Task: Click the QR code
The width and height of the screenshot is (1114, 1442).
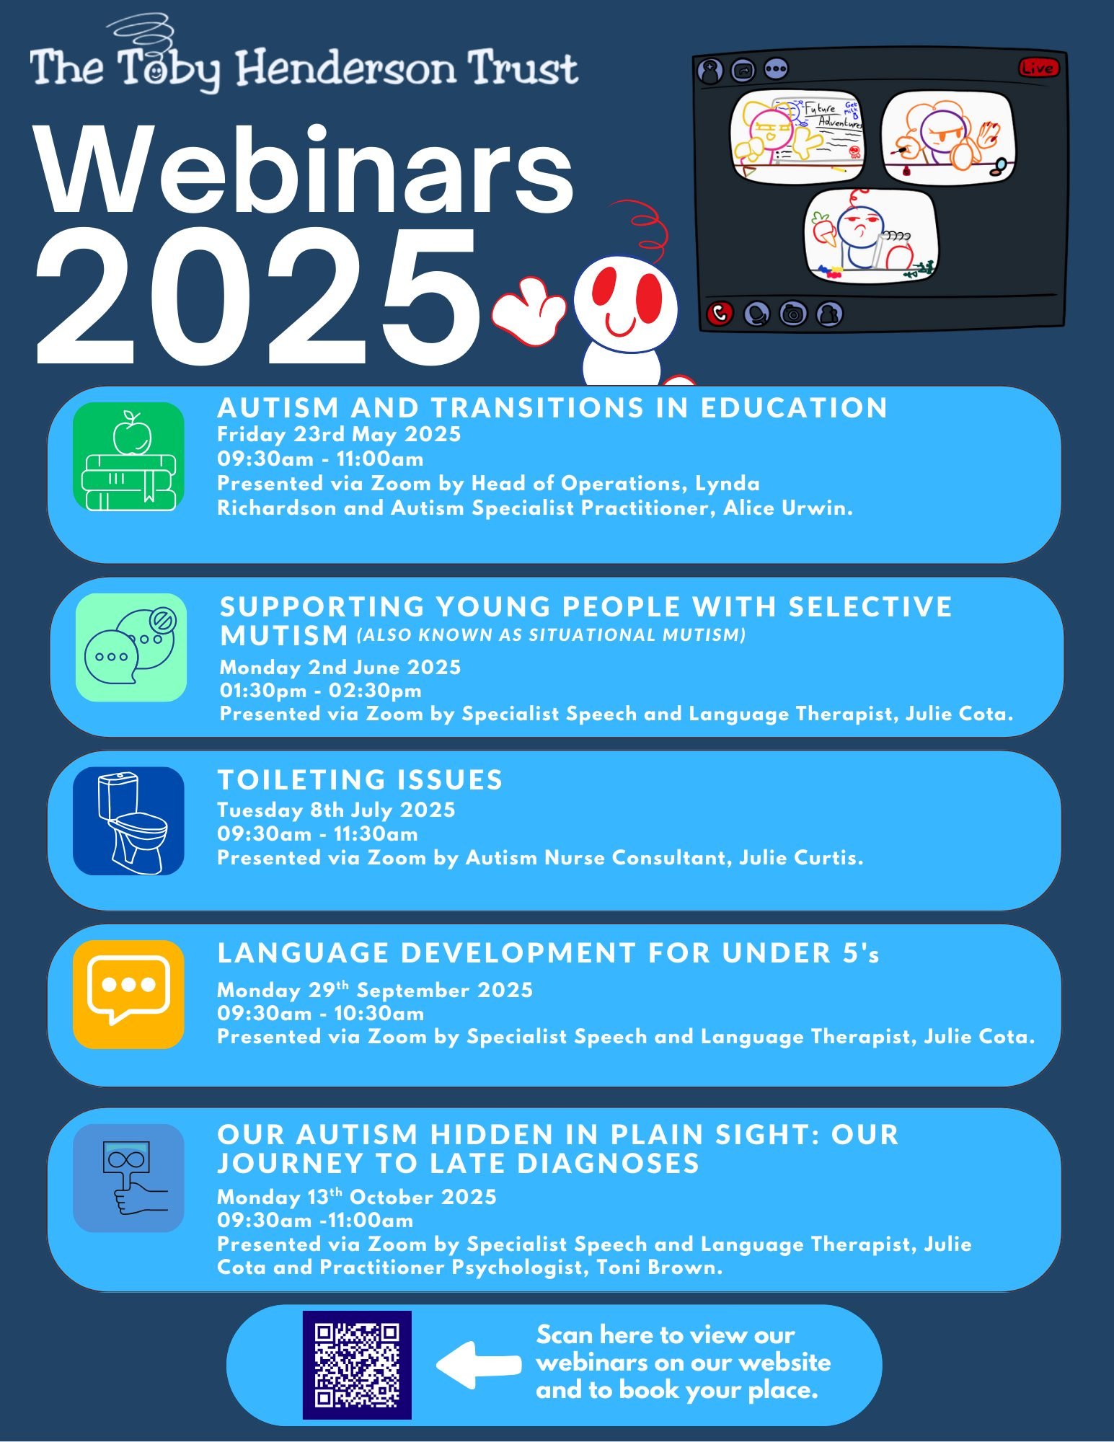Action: coord(357,1365)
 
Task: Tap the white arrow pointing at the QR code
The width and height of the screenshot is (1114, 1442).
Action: coord(478,1365)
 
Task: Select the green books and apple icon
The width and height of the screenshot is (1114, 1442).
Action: coord(129,457)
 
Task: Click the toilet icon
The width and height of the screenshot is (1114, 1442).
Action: coord(129,820)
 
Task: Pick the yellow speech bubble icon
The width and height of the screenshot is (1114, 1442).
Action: coord(129,994)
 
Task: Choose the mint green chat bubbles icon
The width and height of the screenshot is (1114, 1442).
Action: coord(131,647)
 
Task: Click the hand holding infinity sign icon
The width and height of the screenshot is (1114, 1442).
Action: coord(129,1178)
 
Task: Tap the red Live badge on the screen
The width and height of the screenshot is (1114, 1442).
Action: coord(1038,68)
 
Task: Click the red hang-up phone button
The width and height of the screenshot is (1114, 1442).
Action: coord(720,314)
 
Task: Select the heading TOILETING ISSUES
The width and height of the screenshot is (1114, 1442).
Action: coord(360,780)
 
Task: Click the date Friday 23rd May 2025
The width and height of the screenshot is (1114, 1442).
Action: coord(339,434)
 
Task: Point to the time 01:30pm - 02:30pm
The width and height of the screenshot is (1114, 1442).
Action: coord(321,691)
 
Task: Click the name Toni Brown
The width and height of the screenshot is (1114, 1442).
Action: coord(658,1268)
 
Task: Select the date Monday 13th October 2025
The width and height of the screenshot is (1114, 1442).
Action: coord(357,1198)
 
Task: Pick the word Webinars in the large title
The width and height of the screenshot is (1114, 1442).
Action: coord(305,171)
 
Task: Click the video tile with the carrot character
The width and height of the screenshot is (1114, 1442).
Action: coord(870,235)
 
